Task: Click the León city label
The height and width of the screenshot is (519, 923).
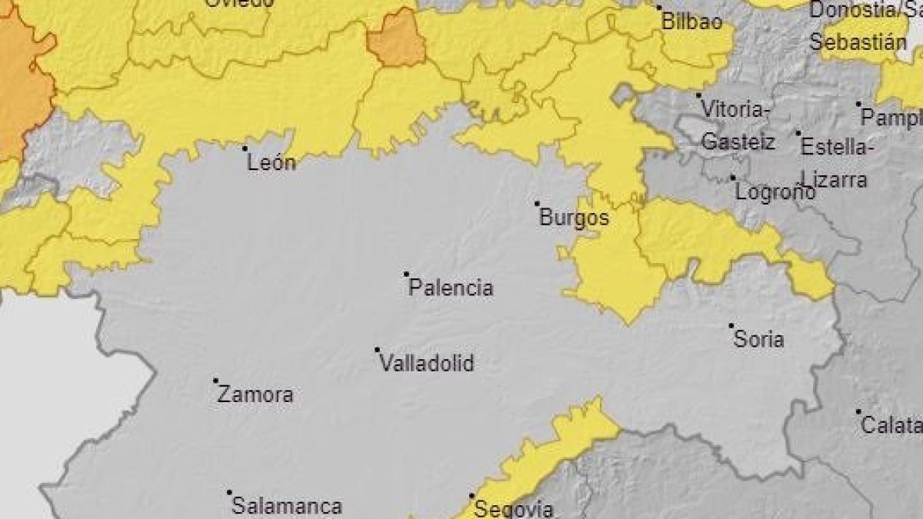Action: [x=272, y=163]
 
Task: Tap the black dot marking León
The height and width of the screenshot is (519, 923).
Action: [x=245, y=148]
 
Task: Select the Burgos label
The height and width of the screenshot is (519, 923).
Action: [x=574, y=218]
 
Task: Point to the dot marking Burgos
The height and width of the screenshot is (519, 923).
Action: [x=538, y=204]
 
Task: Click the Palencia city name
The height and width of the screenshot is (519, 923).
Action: [x=451, y=289]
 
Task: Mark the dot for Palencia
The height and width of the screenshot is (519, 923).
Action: [x=406, y=274]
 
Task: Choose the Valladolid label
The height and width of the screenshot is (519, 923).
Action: [x=428, y=364]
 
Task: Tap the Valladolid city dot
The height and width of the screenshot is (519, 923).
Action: [x=378, y=349]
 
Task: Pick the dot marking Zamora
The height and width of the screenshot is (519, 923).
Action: [x=215, y=381]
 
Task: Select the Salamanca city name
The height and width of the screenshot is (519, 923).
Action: [x=287, y=507]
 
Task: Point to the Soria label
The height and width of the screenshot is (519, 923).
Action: [x=759, y=339]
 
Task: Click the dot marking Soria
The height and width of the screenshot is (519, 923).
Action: [x=731, y=325]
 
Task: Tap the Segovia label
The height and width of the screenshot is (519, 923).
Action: [x=514, y=508]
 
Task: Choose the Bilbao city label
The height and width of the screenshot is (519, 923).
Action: [x=692, y=22]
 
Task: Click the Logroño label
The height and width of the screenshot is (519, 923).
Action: [x=775, y=192]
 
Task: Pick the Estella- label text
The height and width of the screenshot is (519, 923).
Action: [x=835, y=146]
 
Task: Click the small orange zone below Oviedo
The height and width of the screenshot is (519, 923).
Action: [x=396, y=39]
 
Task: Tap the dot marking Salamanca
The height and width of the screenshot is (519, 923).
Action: [x=229, y=492]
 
